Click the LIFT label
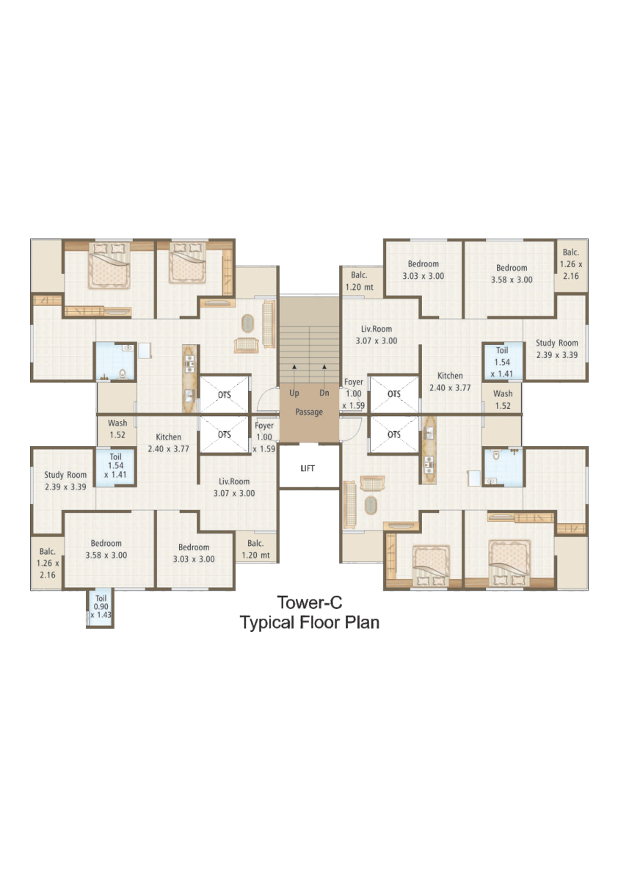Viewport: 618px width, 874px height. tap(308, 468)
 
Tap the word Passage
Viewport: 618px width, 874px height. tap(309, 412)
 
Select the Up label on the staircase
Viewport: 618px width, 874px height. tap(294, 393)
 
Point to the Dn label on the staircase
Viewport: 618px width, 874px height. tap(324, 393)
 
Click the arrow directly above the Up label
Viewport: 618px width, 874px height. tap(294, 374)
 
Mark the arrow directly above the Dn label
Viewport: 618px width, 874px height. tap(324, 374)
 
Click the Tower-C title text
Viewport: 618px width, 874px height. tap(310, 602)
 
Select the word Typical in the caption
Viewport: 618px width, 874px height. tap(267, 622)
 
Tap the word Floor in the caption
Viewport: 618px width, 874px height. tap(319, 622)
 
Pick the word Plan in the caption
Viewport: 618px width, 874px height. tap(361, 622)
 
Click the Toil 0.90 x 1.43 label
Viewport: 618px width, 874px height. tap(101, 606)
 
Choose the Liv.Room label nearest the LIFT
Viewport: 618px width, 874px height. tap(234, 487)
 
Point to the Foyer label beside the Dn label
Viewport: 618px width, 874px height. tap(353, 393)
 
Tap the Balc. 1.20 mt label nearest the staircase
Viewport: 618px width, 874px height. tap(360, 282)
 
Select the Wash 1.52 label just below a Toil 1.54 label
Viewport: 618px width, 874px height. tap(503, 400)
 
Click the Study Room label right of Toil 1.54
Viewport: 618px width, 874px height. tap(556, 349)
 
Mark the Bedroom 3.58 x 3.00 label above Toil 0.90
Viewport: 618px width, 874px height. tap(106, 549)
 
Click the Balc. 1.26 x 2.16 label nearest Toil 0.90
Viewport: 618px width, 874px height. tap(48, 563)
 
